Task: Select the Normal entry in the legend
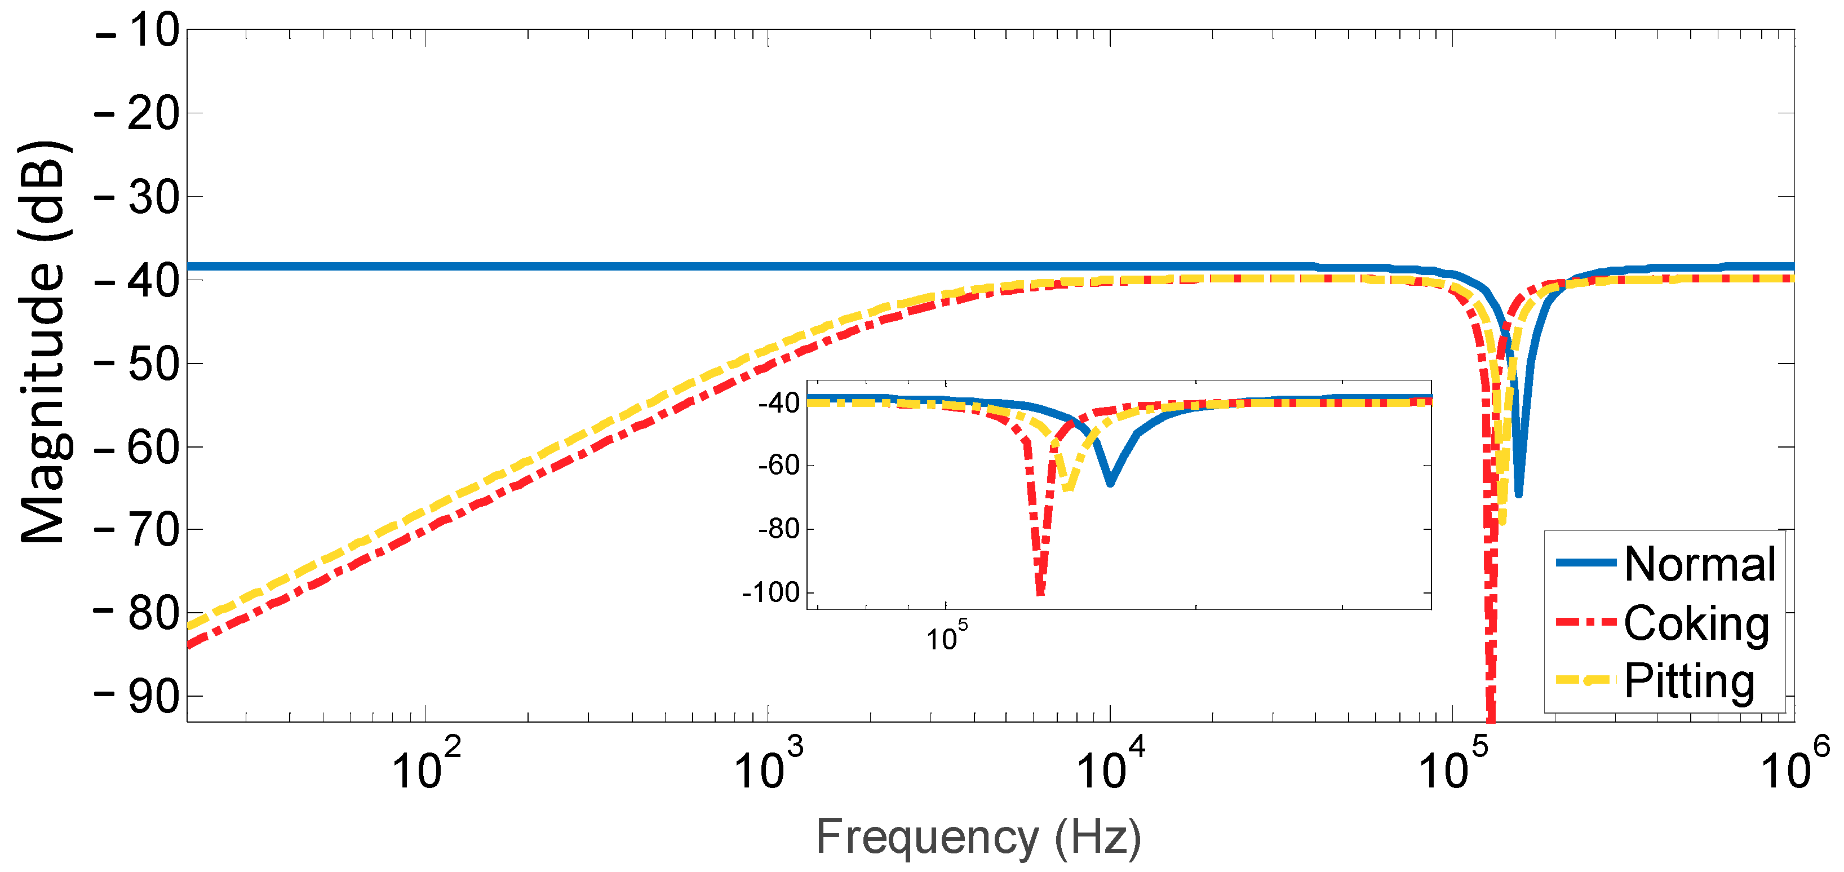pos(1699,564)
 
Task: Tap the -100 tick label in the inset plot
pos(770,593)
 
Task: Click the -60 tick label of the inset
pos(779,466)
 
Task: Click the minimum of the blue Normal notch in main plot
pos(1518,494)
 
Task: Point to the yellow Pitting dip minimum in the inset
pos(1067,489)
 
